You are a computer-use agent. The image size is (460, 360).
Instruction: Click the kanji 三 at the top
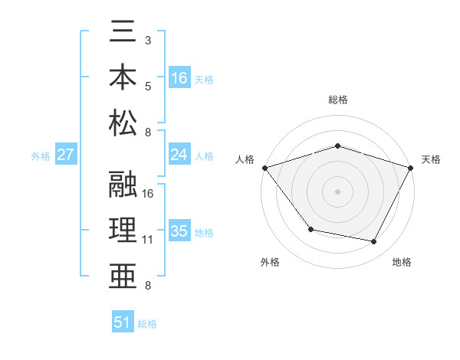click(123, 35)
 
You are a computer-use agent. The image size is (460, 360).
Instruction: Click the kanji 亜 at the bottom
click(123, 273)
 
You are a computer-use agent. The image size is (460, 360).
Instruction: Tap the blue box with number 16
click(179, 77)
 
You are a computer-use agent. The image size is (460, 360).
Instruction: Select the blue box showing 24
click(179, 155)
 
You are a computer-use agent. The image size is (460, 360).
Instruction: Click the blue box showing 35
click(179, 231)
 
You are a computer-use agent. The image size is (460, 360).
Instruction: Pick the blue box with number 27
click(66, 155)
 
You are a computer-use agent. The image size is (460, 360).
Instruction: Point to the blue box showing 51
click(123, 322)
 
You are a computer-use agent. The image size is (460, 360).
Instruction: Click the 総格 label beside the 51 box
click(147, 324)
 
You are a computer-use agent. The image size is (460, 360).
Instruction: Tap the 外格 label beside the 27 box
click(41, 156)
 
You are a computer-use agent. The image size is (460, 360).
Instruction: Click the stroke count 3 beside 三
click(148, 39)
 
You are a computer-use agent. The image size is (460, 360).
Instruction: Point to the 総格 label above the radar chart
click(337, 100)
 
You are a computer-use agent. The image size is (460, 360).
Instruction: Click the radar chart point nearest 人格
click(264, 168)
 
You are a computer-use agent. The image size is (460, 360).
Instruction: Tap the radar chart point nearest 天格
click(411, 168)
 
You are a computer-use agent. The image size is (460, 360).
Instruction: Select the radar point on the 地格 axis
click(374, 242)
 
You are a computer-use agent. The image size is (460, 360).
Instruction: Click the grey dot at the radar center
click(337, 191)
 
